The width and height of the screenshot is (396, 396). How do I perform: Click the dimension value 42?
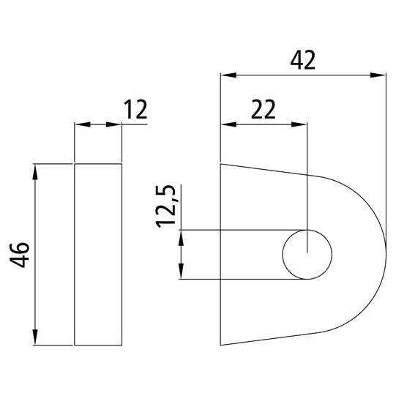[302, 60]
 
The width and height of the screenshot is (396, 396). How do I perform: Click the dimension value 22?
[263, 109]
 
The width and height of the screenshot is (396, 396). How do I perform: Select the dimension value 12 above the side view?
[136, 110]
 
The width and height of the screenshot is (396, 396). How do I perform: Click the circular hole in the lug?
[307, 255]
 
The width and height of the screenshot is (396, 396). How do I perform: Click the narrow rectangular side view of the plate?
[98, 254]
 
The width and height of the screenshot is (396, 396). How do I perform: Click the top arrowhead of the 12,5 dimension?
[180, 237]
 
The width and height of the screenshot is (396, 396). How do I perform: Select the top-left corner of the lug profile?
[221, 164]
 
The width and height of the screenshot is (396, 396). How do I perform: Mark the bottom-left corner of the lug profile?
[221, 345]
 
